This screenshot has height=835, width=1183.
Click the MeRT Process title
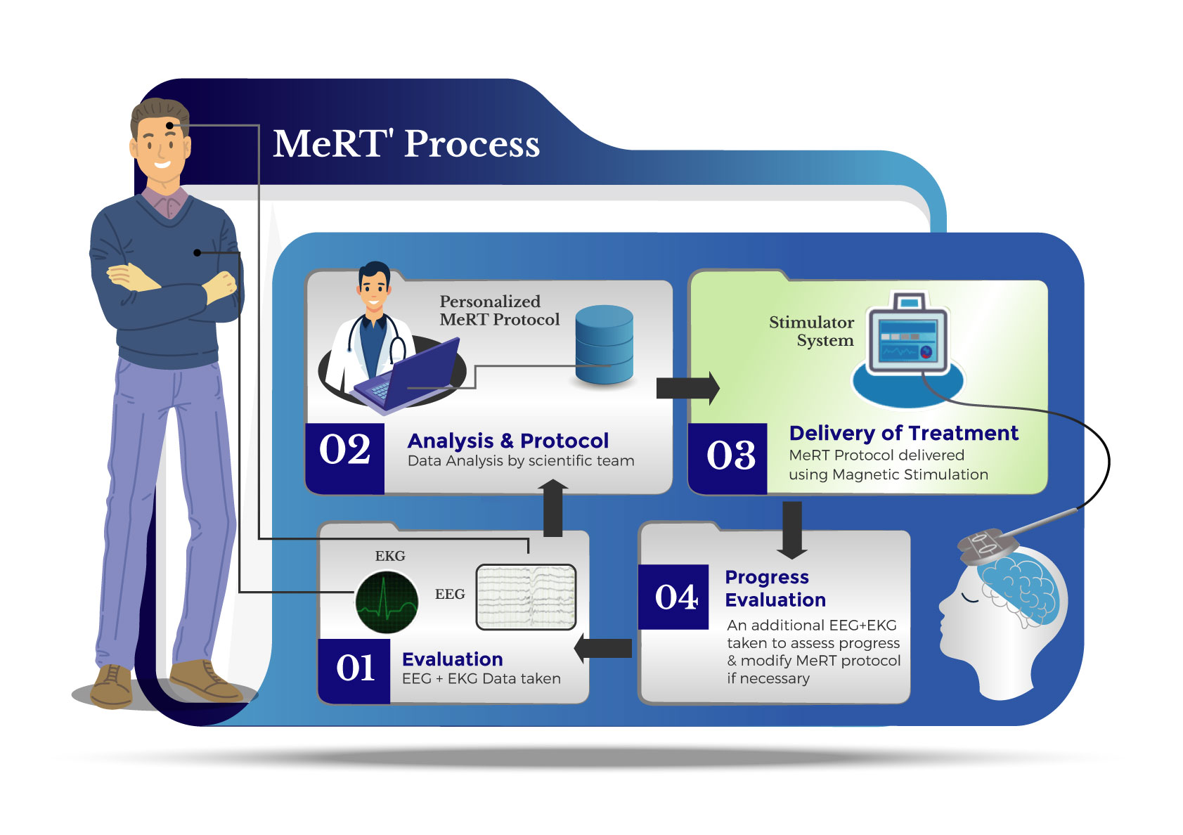406,144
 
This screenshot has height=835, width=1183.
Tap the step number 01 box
354,669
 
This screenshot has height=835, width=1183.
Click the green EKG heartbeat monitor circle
387,602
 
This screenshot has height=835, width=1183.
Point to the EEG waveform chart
526,597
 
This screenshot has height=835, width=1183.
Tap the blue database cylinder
604,344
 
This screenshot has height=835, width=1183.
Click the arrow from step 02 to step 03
687,388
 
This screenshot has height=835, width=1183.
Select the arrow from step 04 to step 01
603,648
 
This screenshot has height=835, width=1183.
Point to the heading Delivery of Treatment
903,433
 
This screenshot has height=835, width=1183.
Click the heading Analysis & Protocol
508,441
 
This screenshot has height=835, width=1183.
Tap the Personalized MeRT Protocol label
499,311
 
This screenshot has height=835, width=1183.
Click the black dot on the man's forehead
169,126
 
